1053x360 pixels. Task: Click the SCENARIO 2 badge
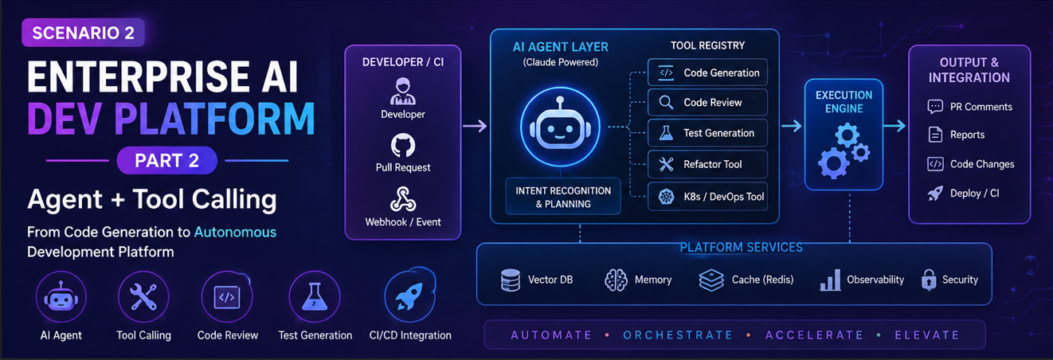coord(83,33)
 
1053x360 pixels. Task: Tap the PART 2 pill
coord(167,160)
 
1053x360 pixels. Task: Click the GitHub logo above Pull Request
coord(403,145)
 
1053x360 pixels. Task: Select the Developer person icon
coord(403,91)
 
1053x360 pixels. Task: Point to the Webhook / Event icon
coord(403,199)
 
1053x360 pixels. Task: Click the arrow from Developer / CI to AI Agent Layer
coord(475,126)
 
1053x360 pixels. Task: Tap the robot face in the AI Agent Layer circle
coord(559,126)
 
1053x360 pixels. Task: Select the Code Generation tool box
coord(707,72)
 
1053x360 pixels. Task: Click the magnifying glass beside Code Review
coord(666,103)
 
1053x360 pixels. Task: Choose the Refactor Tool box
coord(707,164)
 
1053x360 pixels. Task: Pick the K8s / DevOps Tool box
coord(707,197)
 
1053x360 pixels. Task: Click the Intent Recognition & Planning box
coord(563,197)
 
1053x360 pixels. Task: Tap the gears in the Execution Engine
coord(844,151)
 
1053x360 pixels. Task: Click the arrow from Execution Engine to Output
coord(894,126)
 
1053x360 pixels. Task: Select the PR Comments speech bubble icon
coord(935,107)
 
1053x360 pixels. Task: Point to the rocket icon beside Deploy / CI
coord(935,194)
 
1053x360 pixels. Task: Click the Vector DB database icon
coord(511,280)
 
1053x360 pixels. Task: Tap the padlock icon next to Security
coord(929,280)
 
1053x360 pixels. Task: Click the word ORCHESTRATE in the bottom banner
coord(678,335)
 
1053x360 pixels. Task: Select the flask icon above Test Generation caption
coord(315,296)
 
